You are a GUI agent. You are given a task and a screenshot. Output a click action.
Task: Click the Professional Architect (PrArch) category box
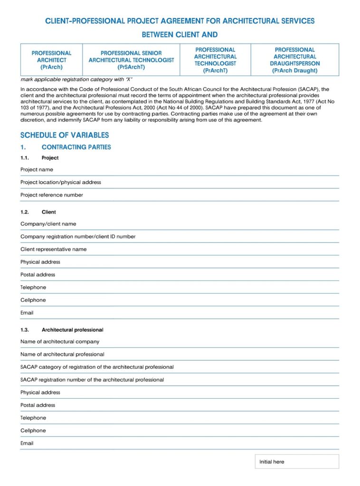[51, 60]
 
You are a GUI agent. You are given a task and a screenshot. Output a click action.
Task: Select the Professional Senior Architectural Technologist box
[131, 60]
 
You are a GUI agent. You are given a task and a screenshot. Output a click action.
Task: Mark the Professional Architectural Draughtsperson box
[294, 60]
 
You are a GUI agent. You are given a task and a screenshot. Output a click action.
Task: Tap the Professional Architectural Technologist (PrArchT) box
[215, 60]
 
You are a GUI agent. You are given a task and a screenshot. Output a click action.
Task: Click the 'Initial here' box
[296, 461]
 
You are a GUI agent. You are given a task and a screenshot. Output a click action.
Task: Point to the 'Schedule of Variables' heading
[64, 135]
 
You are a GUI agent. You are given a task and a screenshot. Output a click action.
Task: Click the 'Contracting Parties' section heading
[76, 147]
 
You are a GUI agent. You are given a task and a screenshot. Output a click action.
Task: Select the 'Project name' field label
[37, 169]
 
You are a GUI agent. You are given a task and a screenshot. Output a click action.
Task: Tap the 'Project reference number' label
[51, 195]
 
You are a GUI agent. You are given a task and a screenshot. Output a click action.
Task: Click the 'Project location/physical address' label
[60, 182]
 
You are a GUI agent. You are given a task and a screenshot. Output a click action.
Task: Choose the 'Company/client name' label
[48, 224]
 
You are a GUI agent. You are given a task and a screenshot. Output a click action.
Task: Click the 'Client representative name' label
[53, 249]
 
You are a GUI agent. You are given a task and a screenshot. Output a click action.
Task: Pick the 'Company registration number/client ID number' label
[78, 236]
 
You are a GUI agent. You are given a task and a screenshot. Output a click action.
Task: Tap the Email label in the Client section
[27, 313]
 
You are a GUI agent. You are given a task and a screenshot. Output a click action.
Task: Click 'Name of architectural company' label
[60, 342]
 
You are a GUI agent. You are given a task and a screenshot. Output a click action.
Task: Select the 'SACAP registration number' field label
[92, 380]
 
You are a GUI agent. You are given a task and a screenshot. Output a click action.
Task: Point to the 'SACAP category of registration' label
[97, 367]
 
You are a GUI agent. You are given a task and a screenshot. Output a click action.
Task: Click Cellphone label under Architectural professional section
[33, 430]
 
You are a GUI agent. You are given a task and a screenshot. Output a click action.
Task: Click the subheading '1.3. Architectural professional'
[72, 329]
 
